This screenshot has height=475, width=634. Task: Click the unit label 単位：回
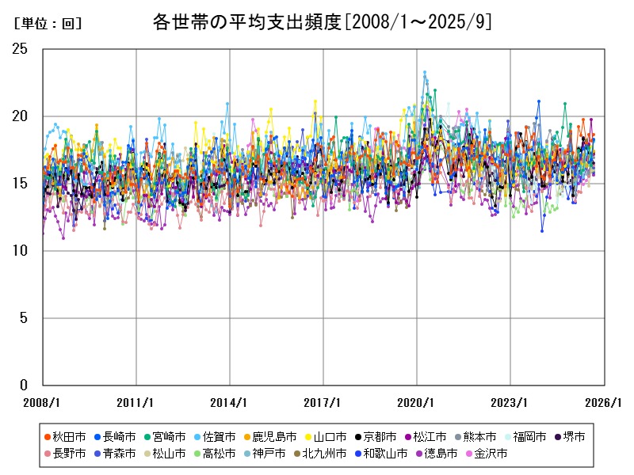(48, 24)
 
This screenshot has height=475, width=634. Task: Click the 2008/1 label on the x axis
(43, 401)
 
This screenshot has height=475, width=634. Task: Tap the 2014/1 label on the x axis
(230, 401)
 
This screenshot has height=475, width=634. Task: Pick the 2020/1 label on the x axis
(417, 401)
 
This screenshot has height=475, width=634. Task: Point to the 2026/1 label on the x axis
(604, 401)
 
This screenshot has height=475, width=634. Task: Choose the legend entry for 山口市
(321, 436)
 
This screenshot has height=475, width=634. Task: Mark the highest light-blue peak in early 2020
(425, 72)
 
